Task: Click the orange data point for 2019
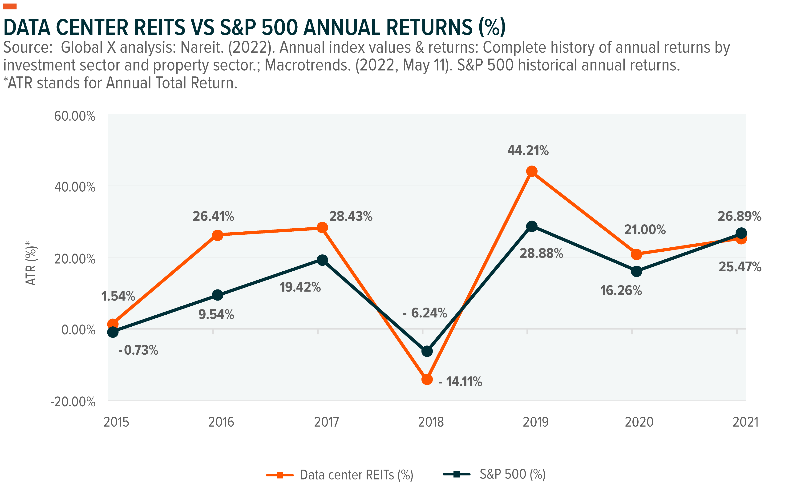coord(532,171)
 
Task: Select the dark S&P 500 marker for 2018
coord(427,351)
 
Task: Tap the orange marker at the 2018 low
coord(427,379)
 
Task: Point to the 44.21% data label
coord(528,150)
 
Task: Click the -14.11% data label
coord(460,381)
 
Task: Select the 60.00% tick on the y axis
coord(75,116)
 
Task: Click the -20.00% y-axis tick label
coord(73,402)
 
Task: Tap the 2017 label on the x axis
coord(326,422)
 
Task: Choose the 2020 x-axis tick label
coord(639,422)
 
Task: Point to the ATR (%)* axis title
coord(31,263)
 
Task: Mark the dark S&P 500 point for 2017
coord(322,260)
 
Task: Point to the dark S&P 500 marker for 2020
coord(636,271)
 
